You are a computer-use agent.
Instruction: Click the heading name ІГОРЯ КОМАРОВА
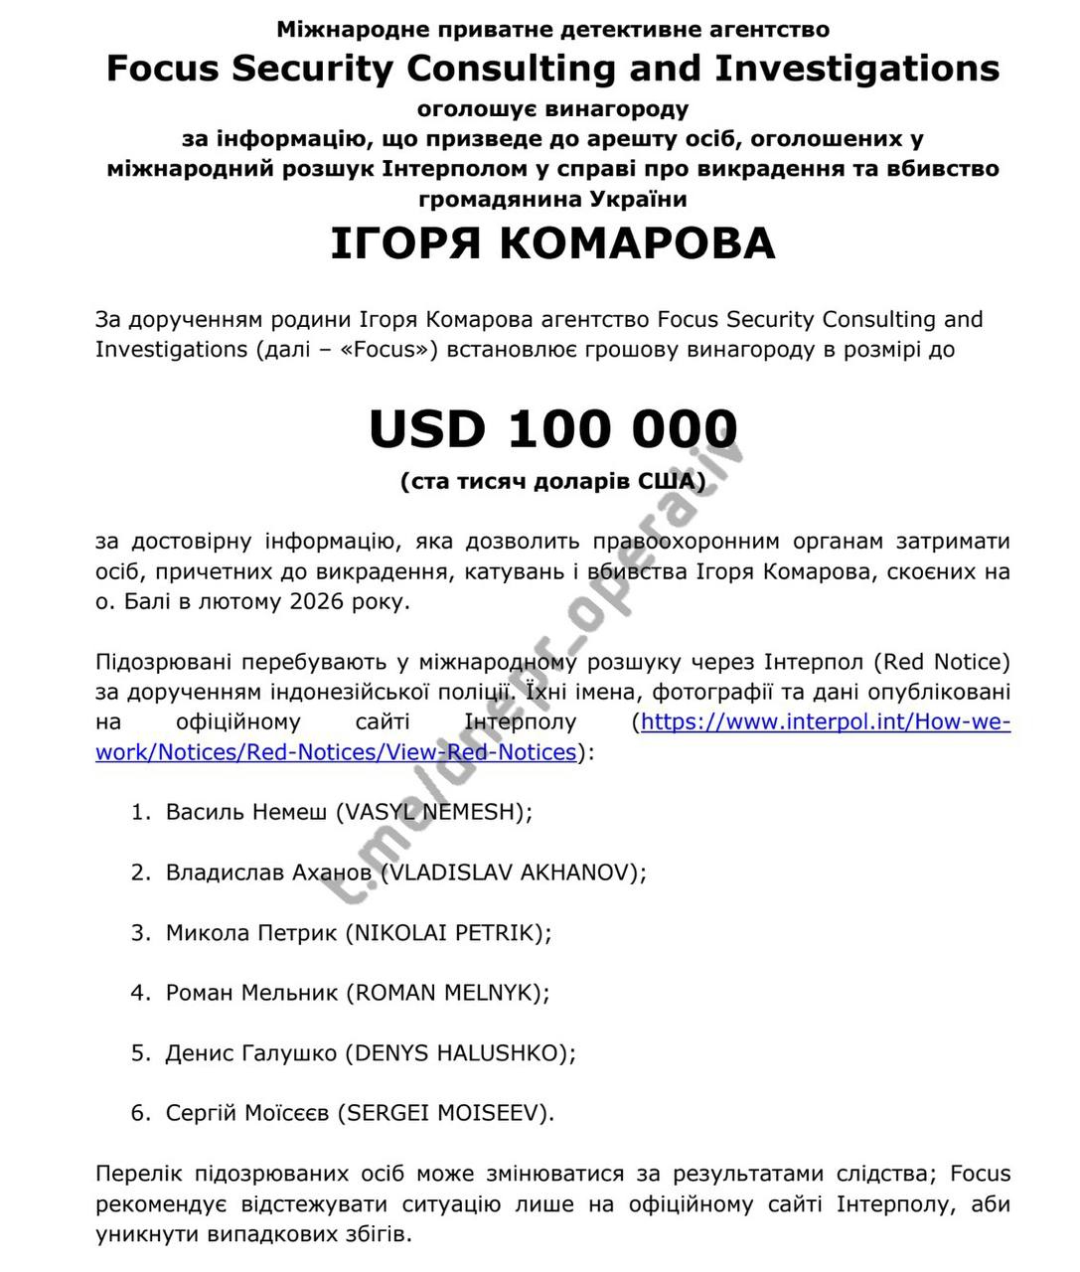552,244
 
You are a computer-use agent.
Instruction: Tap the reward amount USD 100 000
552,428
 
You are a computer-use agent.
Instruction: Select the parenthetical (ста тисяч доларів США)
552,482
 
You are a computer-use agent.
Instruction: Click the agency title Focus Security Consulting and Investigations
552,69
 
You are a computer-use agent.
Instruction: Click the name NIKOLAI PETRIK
445,932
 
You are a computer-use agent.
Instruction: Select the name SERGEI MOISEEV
446,1113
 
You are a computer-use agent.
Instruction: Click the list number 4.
139,992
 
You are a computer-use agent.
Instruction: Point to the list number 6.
139,1113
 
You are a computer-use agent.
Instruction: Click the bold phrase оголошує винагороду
552,107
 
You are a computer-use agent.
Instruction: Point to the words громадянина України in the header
552,199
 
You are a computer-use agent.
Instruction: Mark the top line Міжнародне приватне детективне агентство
552,30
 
